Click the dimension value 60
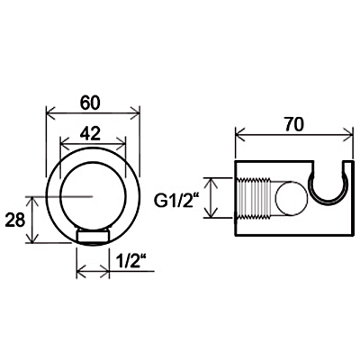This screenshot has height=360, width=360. point(89,103)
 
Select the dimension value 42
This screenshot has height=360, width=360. point(90,133)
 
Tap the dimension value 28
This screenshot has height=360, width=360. point(14,220)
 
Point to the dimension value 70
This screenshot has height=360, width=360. point(294,124)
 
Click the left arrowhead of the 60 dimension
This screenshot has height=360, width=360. point(50,113)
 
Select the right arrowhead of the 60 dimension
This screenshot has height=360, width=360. point(135,113)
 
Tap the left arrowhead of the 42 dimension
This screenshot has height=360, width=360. point(66,143)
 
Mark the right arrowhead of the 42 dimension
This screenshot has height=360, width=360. point(121,143)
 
